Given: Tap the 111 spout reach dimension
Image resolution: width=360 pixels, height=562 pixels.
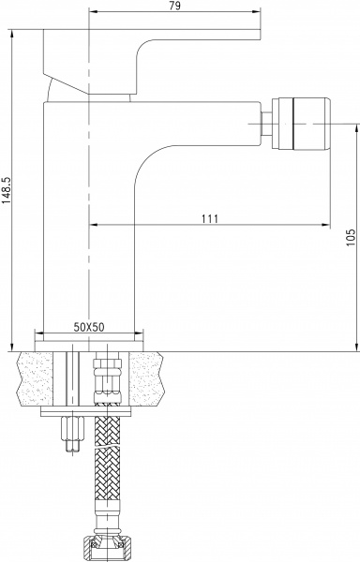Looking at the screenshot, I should point(209,218).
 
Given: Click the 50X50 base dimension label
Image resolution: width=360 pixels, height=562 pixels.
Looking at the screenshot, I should point(90,327).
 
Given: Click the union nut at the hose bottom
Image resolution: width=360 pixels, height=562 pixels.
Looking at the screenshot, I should point(106,544).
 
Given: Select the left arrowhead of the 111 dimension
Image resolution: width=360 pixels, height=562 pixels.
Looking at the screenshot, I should point(94,226).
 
